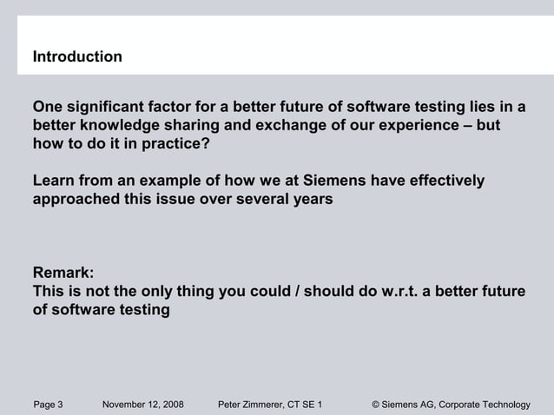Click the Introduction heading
[x=77, y=57]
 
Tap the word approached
[x=72, y=199]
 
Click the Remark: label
[x=63, y=273]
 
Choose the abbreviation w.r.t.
[x=405, y=291]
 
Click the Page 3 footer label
[x=48, y=404]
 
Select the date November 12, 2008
[x=142, y=404]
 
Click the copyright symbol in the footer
[x=376, y=404]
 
